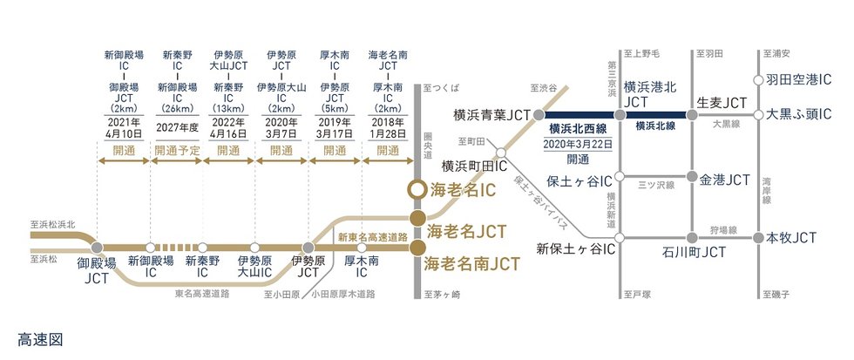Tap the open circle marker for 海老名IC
(418, 189)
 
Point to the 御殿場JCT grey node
(97, 248)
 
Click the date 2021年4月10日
(124, 129)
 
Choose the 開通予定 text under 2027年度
(177, 150)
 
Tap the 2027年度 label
(177, 126)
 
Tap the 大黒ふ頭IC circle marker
(760, 114)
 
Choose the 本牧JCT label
(791, 237)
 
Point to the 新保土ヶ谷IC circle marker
(620, 238)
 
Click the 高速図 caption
(40, 338)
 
